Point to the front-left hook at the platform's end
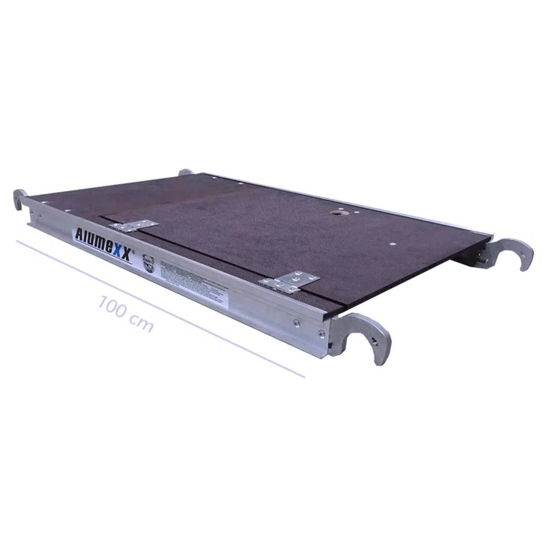click(x=21, y=199)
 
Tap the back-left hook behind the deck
click(x=185, y=173)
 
